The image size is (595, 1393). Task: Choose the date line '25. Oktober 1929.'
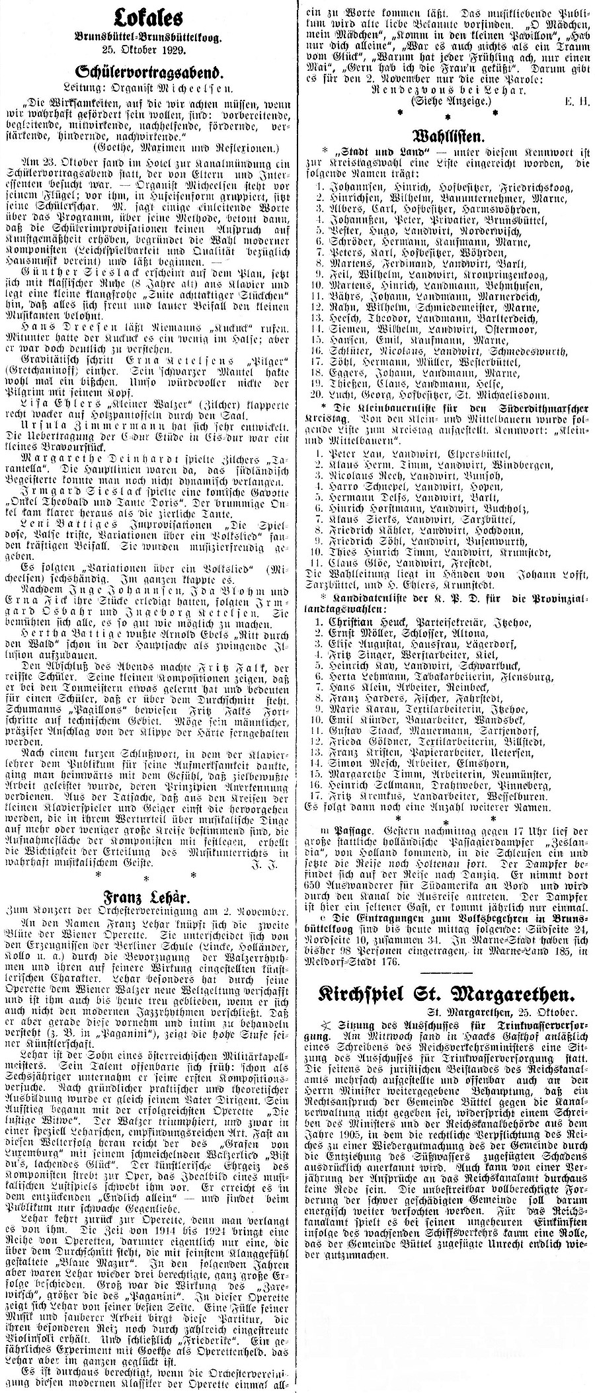tap(147, 50)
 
